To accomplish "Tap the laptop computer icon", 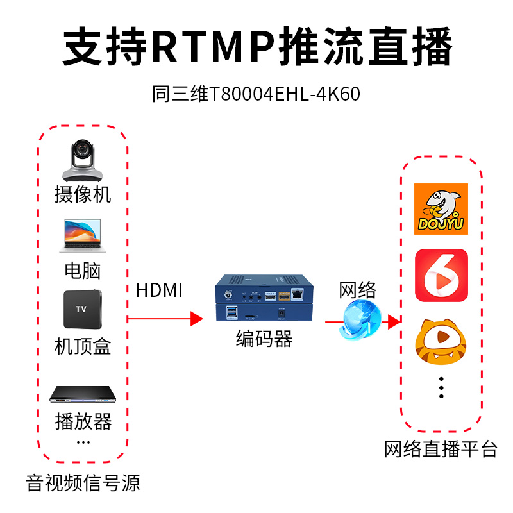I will point(83,236).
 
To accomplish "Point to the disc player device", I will point(83,394).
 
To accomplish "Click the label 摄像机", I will point(83,194).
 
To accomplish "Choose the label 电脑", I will point(83,270).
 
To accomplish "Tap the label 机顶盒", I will point(83,347).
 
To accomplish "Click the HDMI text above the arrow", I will point(159,290).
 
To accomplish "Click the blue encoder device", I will point(262,299).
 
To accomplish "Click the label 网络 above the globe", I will point(357,289).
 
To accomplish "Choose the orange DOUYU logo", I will point(441,209).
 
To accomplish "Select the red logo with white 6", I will point(441,275).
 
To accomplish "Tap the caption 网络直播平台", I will point(441,449).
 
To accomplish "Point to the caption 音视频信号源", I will point(83,483).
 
